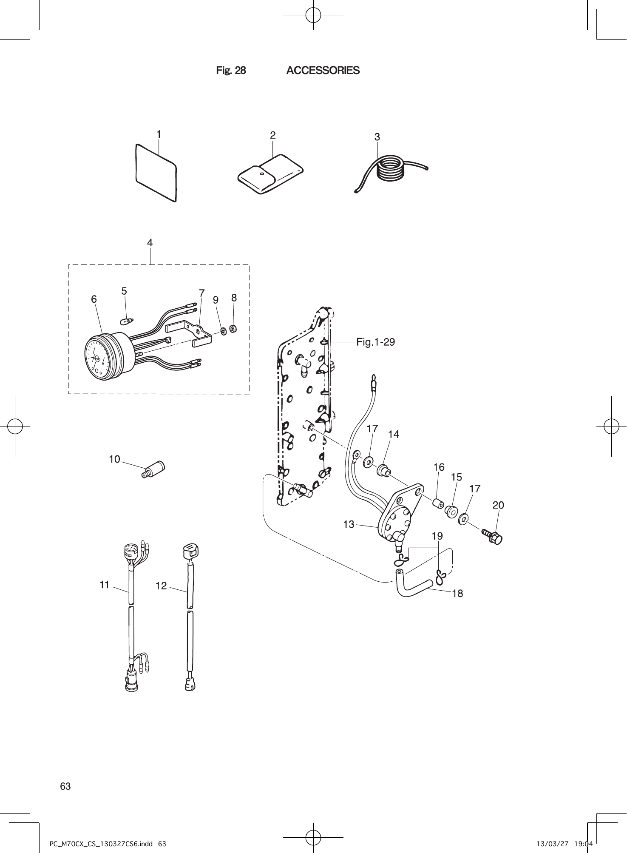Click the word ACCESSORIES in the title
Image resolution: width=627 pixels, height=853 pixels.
click(x=323, y=71)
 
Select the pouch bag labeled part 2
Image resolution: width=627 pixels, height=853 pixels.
click(x=270, y=174)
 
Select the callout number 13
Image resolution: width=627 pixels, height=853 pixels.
click(x=349, y=525)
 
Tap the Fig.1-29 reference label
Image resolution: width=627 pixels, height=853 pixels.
click(x=375, y=342)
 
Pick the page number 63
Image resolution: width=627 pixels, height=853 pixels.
click(x=65, y=786)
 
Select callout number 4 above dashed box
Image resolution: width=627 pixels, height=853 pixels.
click(x=150, y=243)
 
